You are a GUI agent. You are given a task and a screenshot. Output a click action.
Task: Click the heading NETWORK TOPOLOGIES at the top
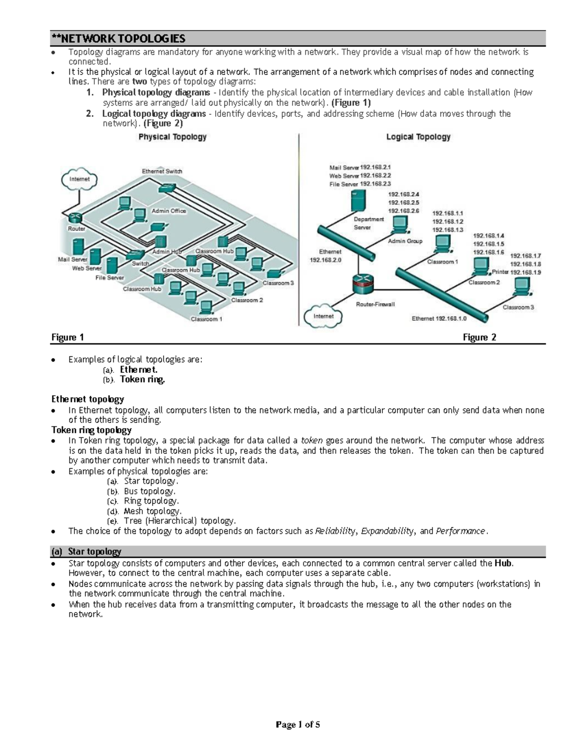119,38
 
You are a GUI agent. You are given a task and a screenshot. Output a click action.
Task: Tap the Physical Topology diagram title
172,137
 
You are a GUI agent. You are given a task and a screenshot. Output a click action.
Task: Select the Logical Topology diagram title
418,137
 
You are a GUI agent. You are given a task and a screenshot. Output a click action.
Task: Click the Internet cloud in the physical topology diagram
80,179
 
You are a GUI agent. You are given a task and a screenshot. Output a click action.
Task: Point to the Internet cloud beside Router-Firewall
323,316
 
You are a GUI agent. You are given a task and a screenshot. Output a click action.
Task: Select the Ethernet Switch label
162,171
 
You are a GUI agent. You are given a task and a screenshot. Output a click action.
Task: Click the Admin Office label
169,211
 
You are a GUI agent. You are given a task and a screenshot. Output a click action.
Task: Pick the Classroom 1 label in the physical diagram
206,319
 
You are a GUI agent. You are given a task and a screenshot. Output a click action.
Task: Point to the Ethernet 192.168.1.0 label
439,319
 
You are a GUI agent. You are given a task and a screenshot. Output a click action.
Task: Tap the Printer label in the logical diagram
500,272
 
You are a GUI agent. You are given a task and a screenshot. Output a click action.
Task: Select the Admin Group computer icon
400,224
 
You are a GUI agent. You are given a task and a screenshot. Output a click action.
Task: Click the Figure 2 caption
479,337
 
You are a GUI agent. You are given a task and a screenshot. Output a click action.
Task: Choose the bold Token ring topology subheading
91,430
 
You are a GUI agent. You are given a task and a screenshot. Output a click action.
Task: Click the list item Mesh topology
153,511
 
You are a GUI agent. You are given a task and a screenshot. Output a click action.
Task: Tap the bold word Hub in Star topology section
503,563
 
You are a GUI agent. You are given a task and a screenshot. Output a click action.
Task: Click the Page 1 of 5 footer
298,725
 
